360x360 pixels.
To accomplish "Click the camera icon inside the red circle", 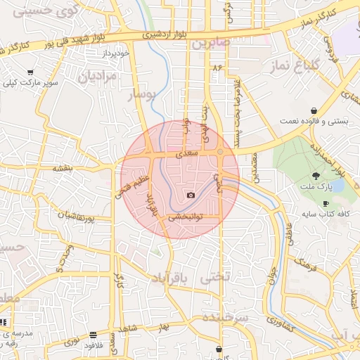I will pos(191,194).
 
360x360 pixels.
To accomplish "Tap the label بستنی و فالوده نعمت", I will pos(315,121).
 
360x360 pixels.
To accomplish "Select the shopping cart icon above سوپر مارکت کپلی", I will pos(30,72).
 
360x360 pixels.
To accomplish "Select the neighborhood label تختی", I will pos(215,277).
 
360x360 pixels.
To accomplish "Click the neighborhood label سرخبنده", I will pos(225,317).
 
